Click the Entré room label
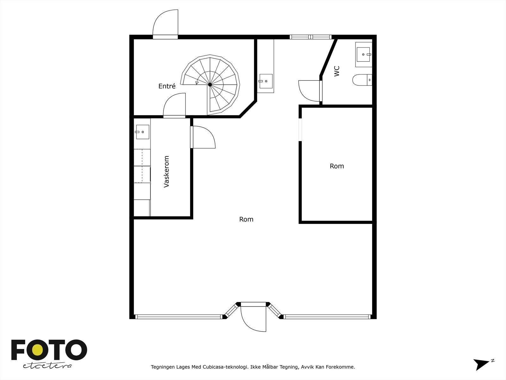coord(167,86)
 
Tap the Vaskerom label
coord(167,171)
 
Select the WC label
coord(337,71)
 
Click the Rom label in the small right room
coord(336,166)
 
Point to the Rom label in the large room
coord(246,219)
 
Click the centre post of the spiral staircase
coord(210,85)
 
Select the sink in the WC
coord(363,54)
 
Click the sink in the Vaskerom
coord(142,132)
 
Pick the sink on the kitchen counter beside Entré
coord(266,81)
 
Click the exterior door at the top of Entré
coord(166,24)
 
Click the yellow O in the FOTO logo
coord(37,350)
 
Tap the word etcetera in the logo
coord(47,366)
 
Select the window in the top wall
coord(311,37)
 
